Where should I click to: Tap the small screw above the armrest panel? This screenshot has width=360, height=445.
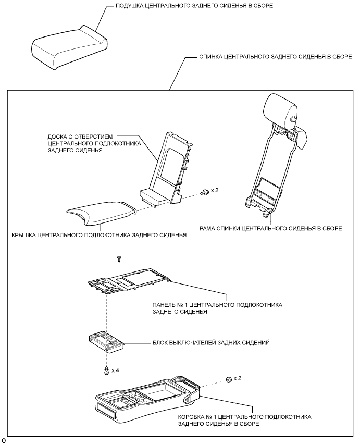point(119,258)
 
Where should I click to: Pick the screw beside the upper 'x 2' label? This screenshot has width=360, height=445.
point(207,192)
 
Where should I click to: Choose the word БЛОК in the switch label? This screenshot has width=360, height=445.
point(160,343)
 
